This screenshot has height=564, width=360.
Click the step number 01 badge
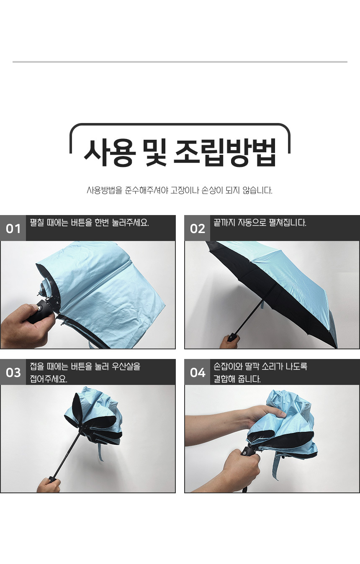pos(13,228)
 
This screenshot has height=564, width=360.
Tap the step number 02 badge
pos(197,228)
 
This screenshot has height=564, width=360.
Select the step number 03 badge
pos(13,372)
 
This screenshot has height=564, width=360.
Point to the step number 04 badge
pos(197,372)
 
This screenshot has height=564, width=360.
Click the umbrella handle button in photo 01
pos(40,307)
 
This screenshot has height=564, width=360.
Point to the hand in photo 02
pos(229,342)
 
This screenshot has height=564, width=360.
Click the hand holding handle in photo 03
pos(49,484)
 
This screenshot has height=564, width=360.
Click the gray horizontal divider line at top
pos(180,62)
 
